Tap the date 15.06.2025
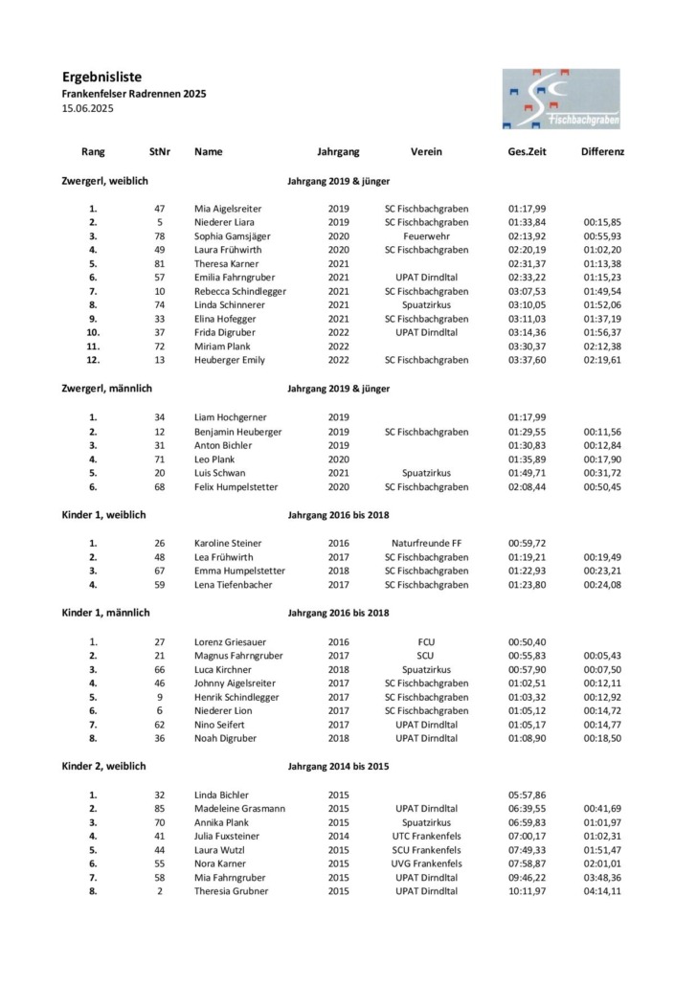pos(86,109)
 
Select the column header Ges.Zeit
pos(527,152)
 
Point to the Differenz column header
pos(602,152)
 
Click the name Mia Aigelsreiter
pos(228,208)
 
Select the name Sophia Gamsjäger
pos(233,235)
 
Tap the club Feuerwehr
pos(426,235)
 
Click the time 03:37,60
pos(527,360)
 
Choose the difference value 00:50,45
pos(602,486)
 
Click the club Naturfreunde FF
pos(426,543)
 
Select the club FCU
pos(426,642)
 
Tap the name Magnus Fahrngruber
pos(236,657)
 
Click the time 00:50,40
pos(527,642)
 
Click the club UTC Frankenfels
pos(426,836)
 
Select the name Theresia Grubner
pos(232,891)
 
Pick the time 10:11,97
pos(527,891)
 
